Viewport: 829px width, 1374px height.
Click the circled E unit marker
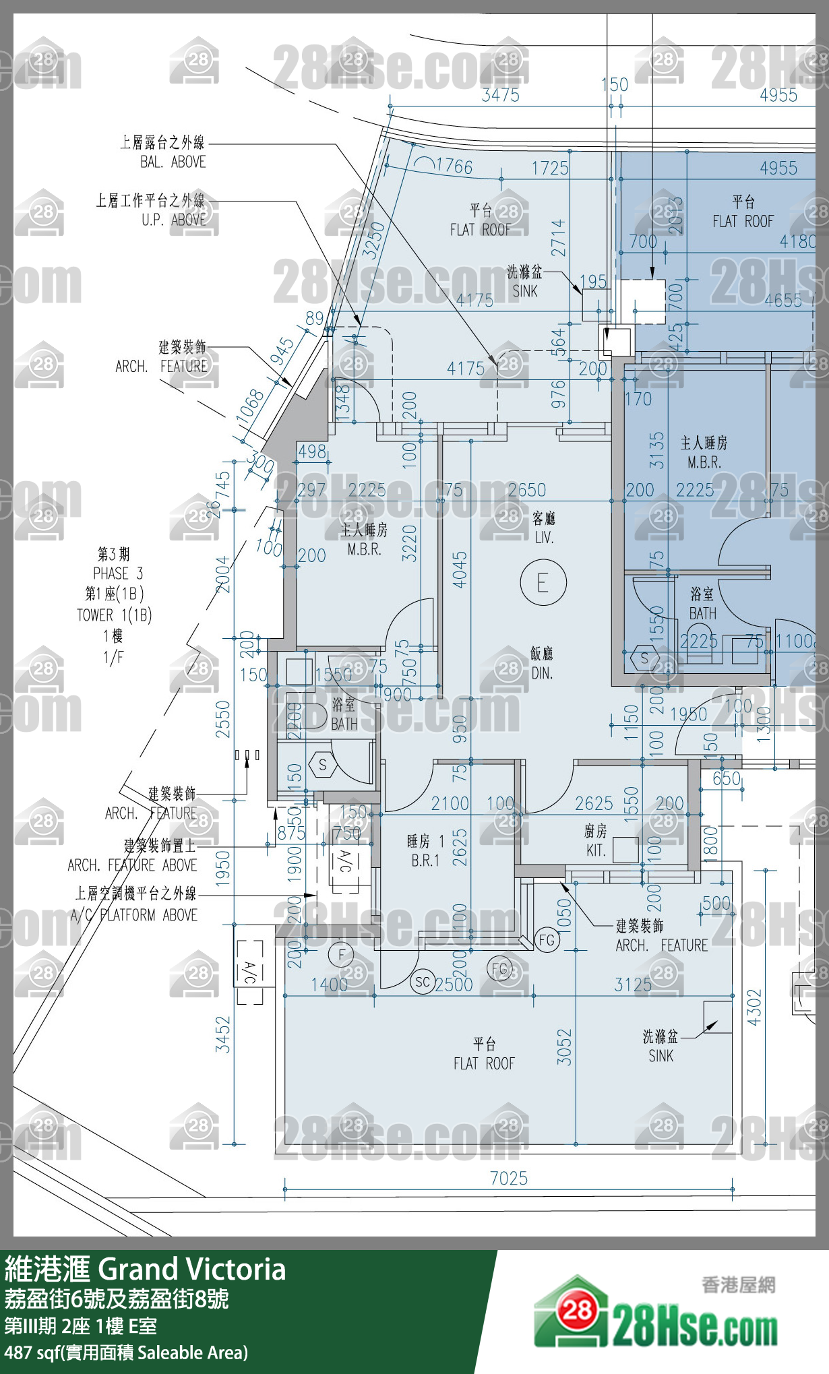point(543,582)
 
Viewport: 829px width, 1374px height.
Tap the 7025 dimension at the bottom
point(508,1178)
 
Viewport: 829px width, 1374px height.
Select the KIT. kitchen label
point(596,850)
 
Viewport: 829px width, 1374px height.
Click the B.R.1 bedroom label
point(425,861)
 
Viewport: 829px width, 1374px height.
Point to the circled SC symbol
point(422,982)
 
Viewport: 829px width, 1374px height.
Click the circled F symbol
point(341,954)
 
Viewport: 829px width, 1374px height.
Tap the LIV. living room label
point(544,538)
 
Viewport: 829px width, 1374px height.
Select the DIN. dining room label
point(541,673)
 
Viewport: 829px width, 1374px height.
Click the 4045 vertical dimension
point(460,569)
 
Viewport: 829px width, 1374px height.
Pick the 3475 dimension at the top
point(500,95)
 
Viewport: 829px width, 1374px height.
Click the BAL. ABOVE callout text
point(173,162)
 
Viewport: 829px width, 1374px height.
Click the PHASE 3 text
point(118,573)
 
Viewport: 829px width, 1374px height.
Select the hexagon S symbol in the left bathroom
point(322,765)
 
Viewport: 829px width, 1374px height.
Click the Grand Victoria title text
point(192,1270)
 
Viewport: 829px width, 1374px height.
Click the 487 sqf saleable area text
point(126,1352)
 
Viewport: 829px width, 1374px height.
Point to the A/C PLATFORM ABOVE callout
point(134,915)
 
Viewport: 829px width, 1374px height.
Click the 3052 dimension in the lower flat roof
point(564,1047)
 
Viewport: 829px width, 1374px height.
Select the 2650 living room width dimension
point(526,490)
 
